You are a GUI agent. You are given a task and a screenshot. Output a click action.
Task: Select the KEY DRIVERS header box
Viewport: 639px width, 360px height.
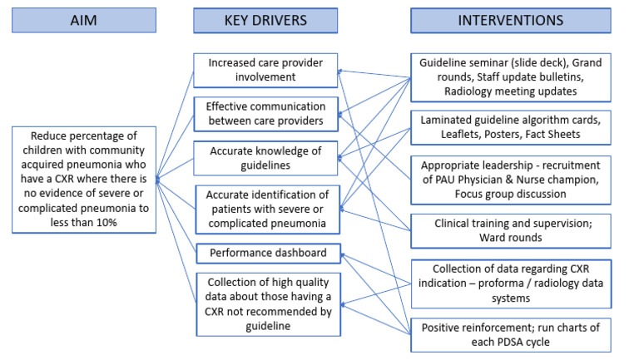point(265,20)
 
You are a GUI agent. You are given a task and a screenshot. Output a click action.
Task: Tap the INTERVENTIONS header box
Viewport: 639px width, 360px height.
point(510,20)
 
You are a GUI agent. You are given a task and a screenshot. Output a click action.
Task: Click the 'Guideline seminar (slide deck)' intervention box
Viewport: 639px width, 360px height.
point(510,76)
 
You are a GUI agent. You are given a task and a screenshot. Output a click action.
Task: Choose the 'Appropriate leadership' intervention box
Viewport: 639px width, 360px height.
point(510,179)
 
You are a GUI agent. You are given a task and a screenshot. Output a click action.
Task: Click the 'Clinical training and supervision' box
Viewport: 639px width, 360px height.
point(510,230)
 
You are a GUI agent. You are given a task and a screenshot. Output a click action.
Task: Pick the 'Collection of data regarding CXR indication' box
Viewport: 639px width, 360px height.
point(510,284)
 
